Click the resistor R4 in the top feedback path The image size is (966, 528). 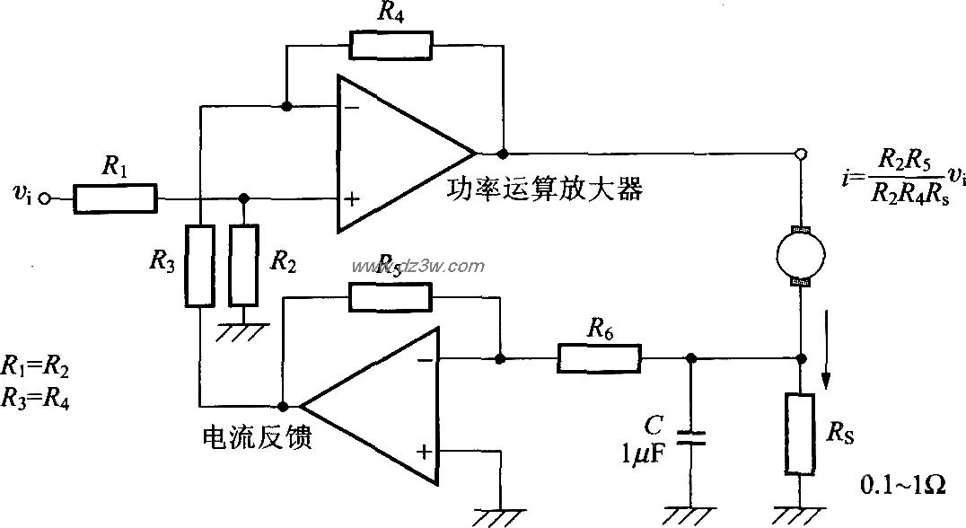click(x=391, y=46)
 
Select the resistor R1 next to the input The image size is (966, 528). click(x=115, y=198)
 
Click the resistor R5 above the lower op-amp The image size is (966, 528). click(x=390, y=296)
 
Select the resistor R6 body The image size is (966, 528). click(x=601, y=359)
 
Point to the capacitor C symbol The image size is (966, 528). click(x=689, y=437)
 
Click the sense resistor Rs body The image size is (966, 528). click(x=800, y=433)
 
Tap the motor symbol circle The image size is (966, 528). click(x=800, y=254)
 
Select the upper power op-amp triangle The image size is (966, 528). click(x=400, y=153)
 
